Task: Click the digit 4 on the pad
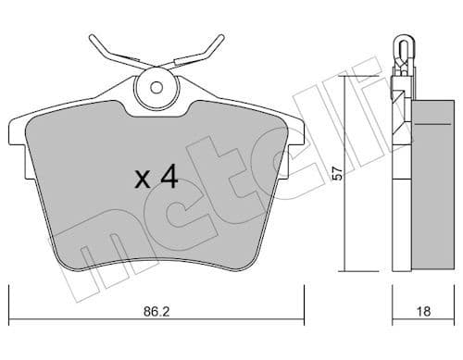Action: [x=168, y=178]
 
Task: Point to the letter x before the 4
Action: [x=142, y=180]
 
